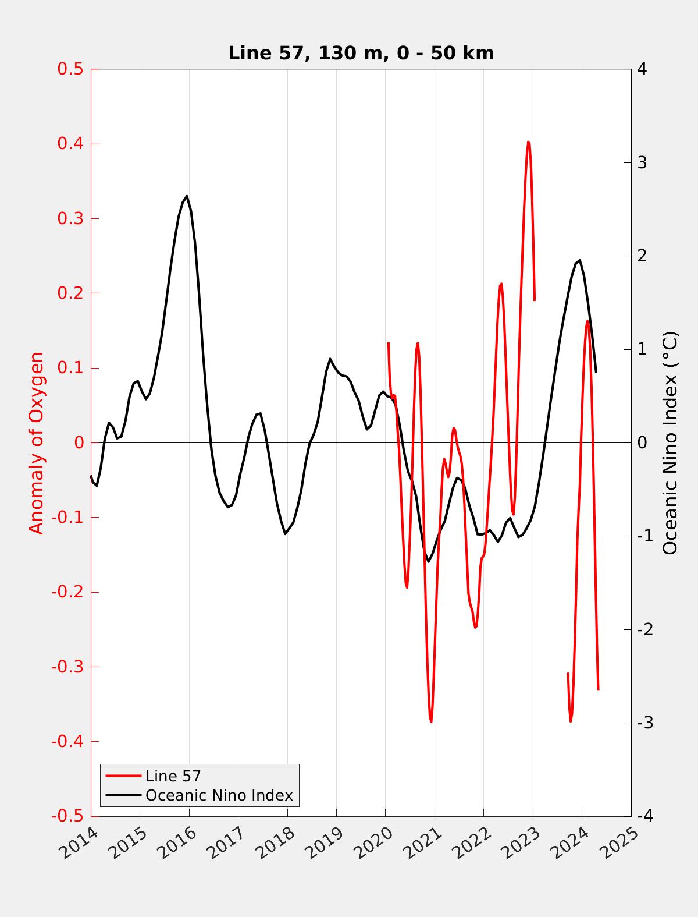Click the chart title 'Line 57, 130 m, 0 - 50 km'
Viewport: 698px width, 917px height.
point(361,53)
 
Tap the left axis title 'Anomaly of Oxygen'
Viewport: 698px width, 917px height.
point(37,442)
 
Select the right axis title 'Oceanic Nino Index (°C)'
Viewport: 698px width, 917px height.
point(670,442)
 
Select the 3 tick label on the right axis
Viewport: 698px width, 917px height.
point(642,162)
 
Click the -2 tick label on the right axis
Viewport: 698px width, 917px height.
point(644,629)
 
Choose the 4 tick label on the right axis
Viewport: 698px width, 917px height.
point(642,69)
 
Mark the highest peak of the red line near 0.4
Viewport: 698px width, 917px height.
point(528,141)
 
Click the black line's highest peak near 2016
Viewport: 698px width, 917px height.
point(187,196)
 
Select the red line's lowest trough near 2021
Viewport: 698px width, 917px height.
point(431,721)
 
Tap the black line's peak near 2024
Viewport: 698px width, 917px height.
point(579,260)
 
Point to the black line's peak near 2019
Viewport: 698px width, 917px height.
point(330,359)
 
